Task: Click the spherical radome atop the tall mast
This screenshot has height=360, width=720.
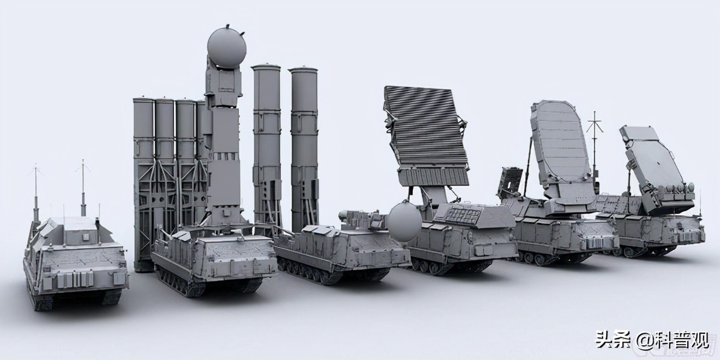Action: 226,47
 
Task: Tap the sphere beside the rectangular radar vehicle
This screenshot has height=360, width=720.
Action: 404,221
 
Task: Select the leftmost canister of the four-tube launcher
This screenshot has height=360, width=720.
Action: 144,164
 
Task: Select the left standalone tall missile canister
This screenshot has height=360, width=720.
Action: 266,142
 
